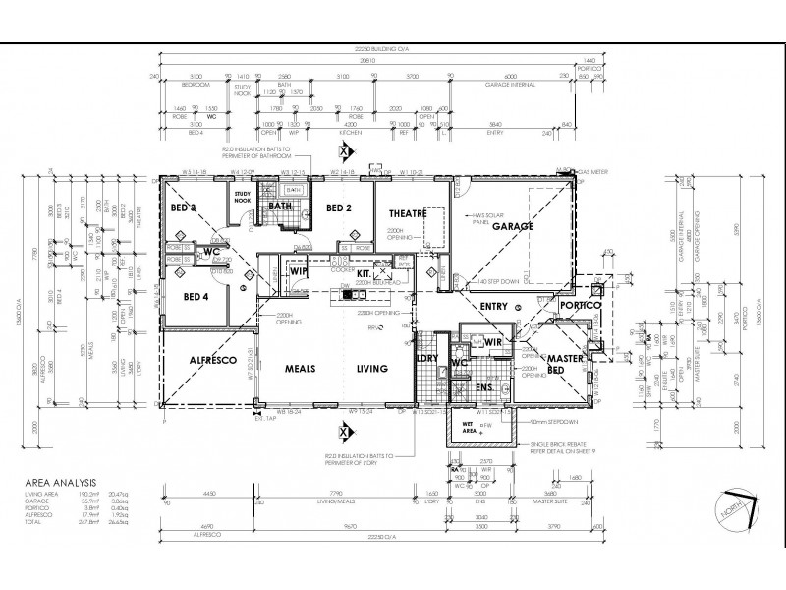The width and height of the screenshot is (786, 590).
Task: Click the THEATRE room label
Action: (x=408, y=213)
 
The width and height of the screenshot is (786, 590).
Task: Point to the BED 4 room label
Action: (x=196, y=296)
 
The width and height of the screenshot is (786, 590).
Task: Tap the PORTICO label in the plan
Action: (x=582, y=306)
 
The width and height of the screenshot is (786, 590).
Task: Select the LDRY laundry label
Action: (x=426, y=359)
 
